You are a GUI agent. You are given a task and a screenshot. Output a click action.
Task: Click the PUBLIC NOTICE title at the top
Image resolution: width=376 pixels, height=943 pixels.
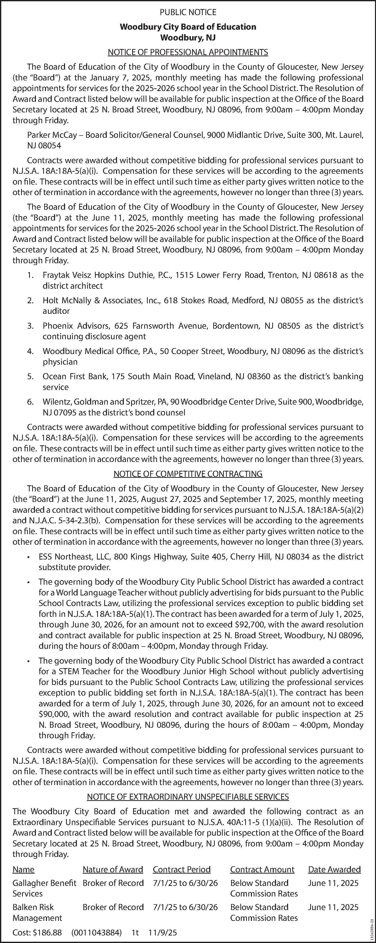point(188,12)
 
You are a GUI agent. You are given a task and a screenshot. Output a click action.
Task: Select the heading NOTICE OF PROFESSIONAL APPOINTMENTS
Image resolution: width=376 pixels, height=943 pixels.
point(188,52)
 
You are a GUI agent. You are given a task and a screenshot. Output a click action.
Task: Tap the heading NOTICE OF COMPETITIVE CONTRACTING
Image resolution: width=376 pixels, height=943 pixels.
point(188,474)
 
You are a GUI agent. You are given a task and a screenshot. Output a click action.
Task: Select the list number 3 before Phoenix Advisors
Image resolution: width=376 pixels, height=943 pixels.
point(30,326)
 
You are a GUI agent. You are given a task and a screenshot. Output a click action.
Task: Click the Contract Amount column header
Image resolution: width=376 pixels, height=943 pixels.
point(262,869)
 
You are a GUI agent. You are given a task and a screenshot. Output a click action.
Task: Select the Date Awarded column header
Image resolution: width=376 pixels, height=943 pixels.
point(334,869)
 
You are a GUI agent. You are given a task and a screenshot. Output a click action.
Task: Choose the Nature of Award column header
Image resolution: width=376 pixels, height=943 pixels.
point(113,869)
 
